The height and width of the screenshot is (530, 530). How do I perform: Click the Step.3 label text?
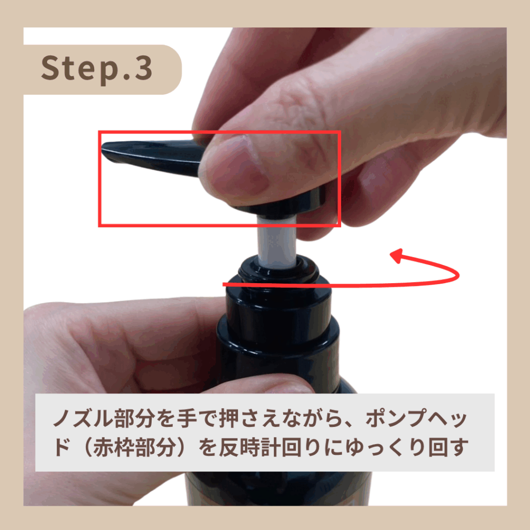click(97, 69)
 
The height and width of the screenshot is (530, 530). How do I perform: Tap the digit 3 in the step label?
click(144, 68)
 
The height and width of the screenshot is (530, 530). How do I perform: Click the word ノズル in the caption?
click(83, 418)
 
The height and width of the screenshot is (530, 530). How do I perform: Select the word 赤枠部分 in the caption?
click(134, 448)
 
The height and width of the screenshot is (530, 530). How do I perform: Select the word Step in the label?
click(79, 69)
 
